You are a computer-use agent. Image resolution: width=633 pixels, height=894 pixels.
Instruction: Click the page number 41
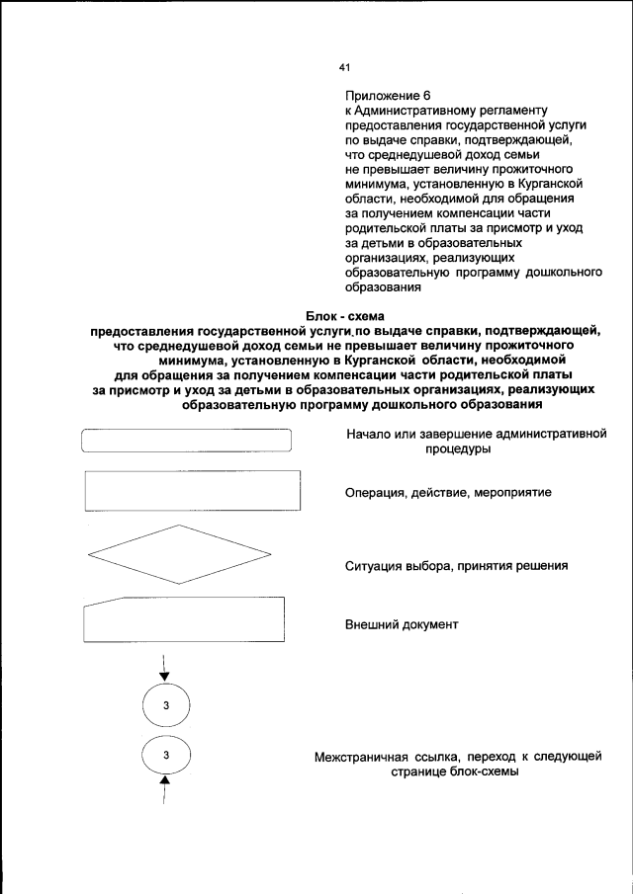click(345, 67)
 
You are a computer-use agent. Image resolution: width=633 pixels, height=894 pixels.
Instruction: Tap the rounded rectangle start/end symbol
click(187, 441)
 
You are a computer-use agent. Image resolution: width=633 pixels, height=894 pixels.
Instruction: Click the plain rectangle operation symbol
click(193, 491)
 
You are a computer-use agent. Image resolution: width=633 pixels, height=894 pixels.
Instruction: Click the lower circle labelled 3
click(166, 756)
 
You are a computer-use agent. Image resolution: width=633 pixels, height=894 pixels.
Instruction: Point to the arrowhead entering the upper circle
click(165, 677)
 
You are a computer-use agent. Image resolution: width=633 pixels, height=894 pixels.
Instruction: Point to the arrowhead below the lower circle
click(165, 783)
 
